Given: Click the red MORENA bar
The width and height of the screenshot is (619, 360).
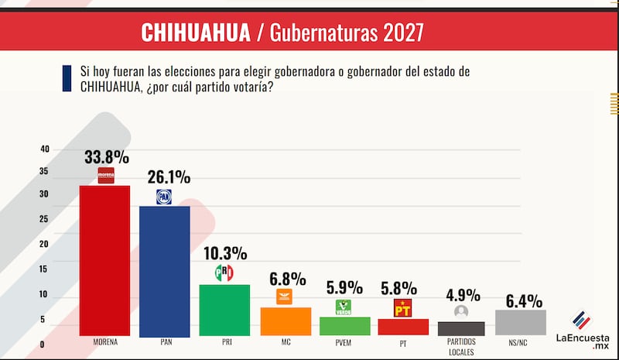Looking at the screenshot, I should [104, 260].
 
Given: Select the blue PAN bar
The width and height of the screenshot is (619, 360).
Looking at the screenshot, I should [164, 270].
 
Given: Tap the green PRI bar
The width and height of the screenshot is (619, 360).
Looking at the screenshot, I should [224, 310].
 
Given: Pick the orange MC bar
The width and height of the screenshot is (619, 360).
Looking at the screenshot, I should [285, 321].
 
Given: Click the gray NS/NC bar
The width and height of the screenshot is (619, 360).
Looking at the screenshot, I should [520, 322].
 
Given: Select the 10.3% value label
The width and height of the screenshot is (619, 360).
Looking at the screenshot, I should [224, 253].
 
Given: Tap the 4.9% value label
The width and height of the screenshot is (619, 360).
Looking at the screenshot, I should [462, 295].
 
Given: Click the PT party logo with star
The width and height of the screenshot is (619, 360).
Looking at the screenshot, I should [402, 308].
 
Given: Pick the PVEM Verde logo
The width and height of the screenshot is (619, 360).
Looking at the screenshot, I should [343, 307].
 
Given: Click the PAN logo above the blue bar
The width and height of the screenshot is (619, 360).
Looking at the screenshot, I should [164, 197].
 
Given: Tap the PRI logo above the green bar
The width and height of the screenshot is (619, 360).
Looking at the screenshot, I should [224, 273].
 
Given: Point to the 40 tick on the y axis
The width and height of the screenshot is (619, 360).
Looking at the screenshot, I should [44, 149].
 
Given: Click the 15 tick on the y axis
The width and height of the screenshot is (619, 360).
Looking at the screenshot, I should [44, 269].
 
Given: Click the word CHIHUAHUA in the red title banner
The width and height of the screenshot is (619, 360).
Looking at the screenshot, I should [195, 33].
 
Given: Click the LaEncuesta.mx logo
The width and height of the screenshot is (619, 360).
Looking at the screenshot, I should [583, 330].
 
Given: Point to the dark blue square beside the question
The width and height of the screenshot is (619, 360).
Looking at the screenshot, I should [68, 79].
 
